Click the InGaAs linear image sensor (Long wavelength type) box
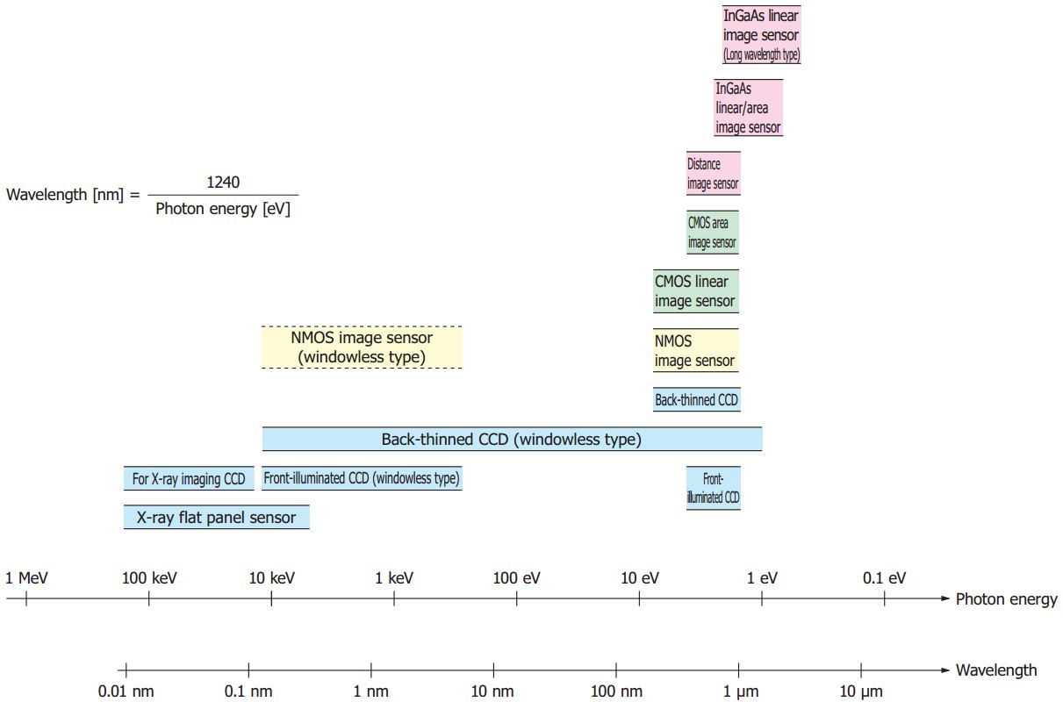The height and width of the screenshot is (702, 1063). pos(761,35)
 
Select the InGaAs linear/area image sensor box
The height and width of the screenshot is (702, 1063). pos(748,108)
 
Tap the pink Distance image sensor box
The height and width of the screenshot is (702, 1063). pos(713,174)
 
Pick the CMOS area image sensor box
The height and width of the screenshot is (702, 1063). pos(712,233)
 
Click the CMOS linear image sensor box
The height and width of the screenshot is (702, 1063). pos(694,291)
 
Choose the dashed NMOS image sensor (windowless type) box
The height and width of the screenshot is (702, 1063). pos(362,347)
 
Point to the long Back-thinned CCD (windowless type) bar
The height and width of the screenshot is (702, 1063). pos(512,440)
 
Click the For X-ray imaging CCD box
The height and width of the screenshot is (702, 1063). pos(189,479)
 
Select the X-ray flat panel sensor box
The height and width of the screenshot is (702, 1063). pos(216,518)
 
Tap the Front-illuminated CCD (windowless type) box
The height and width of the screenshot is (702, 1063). pos(362,478)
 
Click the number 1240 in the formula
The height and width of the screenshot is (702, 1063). pos(223,183)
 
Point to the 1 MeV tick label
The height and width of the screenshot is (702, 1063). pos(26,578)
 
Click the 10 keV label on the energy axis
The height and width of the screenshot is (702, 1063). pos(272,578)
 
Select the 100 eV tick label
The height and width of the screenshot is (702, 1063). pos(517,578)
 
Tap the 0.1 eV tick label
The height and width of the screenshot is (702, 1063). pos(884,578)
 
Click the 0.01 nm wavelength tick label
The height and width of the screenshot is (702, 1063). pos(126,691)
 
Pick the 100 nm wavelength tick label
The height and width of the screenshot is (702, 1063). pos(616,691)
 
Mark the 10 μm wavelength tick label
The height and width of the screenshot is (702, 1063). pos(861,691)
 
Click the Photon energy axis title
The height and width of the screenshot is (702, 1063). pos(1006,600)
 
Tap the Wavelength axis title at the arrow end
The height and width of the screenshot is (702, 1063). pos(995,670)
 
